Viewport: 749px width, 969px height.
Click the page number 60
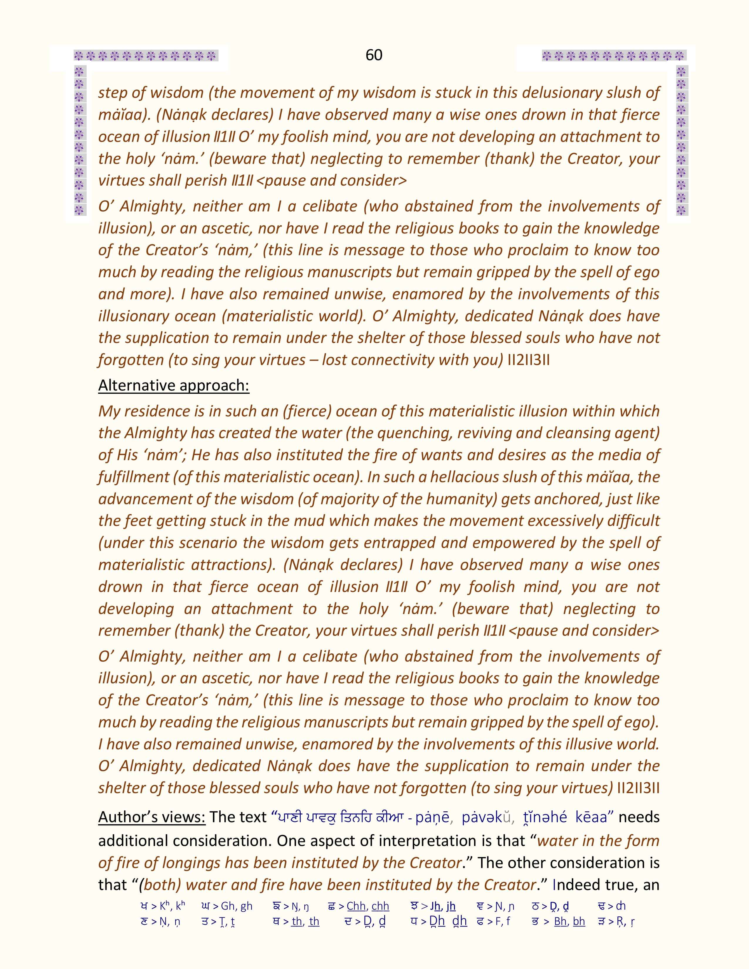coord(374,55)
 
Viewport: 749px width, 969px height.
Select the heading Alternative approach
coord(174,385)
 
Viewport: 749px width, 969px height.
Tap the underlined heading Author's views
coord(152,817)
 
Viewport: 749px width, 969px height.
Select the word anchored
coord(559,499)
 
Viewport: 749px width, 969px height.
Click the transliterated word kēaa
coord(591,817)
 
